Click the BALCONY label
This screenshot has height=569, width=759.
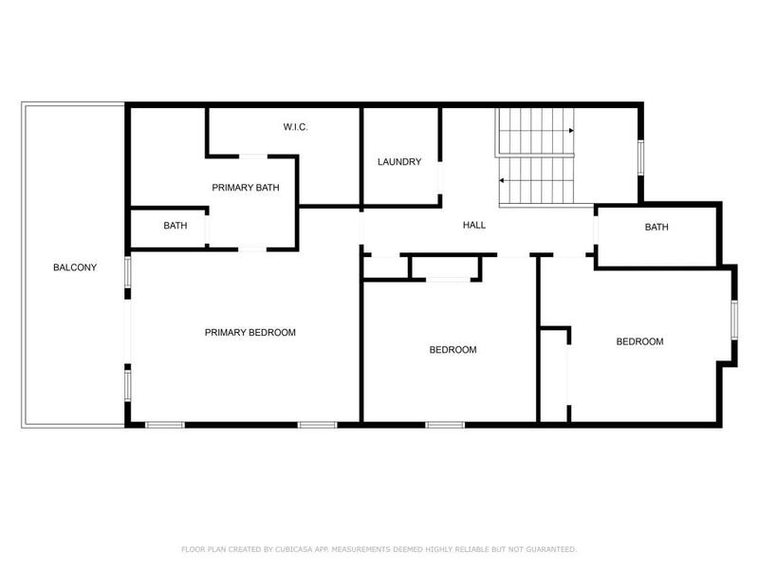tap(75, 267)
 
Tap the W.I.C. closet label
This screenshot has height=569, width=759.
tap(296, 127)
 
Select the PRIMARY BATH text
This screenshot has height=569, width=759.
tap(246, 188)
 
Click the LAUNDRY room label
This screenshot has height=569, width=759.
tap(399, 162)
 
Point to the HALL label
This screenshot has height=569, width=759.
tap(474, 226)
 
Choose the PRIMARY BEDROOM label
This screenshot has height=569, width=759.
tap(250, 333)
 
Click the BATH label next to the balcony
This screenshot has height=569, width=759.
tap(176, 226)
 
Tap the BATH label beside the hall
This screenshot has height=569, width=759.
tap(657, 228)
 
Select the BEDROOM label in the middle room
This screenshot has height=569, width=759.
tap(453, 350)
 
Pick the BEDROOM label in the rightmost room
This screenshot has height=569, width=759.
tap(639, 342)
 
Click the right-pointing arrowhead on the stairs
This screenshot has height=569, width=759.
tap(571, 131)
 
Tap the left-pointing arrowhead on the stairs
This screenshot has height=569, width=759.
tap(503, 180)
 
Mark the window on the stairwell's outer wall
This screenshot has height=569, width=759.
tap(641, 156)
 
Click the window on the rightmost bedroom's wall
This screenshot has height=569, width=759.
tap(732, 320)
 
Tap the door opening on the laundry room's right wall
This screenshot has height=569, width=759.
tap(439, 180)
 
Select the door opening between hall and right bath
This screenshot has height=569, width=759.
tap(595, 231)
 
